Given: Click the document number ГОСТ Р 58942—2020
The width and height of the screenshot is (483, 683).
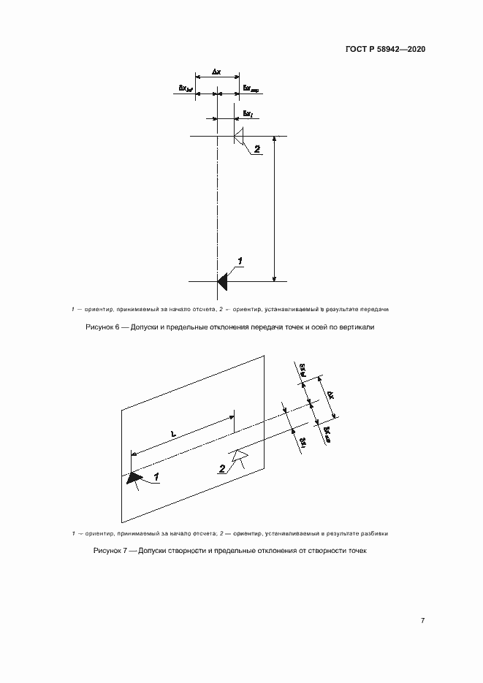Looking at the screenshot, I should (386, 50).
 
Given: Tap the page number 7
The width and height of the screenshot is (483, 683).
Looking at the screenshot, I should (423, 620).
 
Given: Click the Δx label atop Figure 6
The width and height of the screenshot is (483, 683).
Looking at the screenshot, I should (217, 72).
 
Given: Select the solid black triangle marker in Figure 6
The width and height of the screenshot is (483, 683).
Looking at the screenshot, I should (224, 280).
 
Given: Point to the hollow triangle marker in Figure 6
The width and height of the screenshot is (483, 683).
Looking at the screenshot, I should (239, 137).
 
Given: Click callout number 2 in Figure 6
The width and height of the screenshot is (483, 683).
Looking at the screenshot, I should (257, 149).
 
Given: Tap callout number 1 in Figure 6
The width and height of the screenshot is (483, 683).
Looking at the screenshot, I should (240, 261).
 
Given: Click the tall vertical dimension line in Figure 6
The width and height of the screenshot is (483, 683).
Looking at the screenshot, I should (275, 208).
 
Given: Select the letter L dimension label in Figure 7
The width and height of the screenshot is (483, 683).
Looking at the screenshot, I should (172, 434).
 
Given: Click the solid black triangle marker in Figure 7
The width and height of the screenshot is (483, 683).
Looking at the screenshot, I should (134, 478).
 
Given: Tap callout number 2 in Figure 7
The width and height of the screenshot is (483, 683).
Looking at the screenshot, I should (221, 468).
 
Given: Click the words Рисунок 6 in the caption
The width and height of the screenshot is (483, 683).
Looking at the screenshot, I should (103, 328).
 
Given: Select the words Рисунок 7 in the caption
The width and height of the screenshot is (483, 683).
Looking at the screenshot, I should (110, 550).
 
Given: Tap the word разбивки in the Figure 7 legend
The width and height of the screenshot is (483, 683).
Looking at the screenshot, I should (374, 533).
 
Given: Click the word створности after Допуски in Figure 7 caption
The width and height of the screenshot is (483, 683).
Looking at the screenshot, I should (186, 550).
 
